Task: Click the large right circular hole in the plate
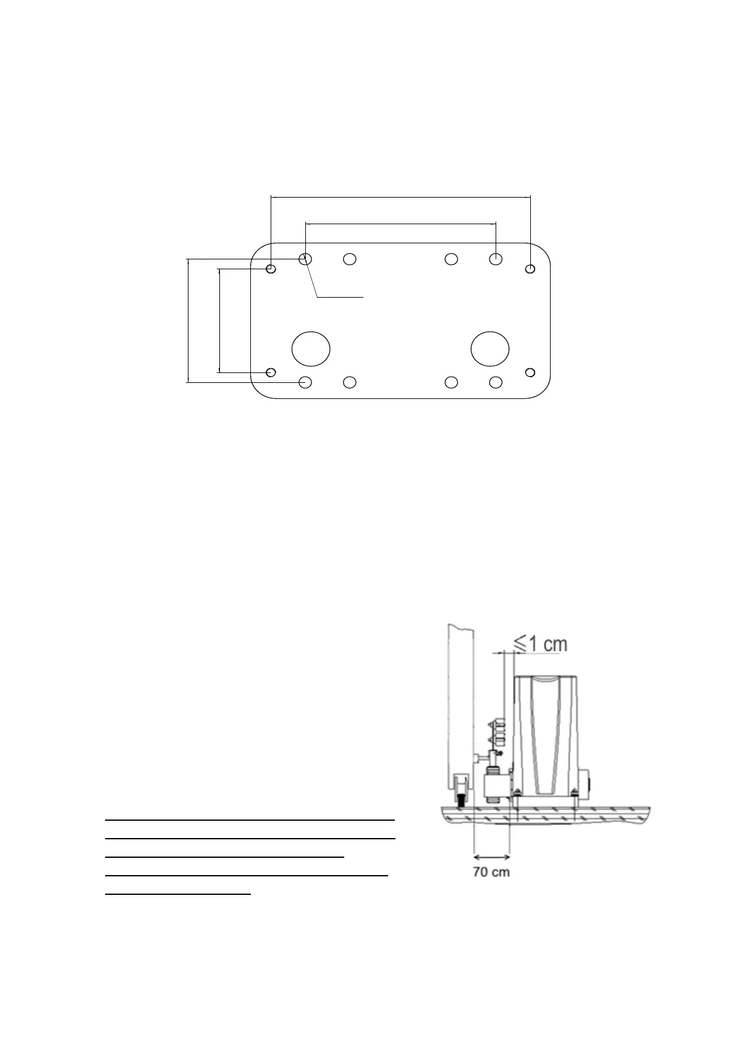click(x=490, y=349)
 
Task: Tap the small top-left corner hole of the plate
click(x=271, y=269)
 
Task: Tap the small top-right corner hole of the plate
click(x=530, y=269)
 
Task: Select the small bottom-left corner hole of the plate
click(x=271, y=372)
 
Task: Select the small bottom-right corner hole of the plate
click(x=530, y=372)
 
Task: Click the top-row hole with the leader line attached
click(x=305, y=259)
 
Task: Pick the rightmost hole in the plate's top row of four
click(x=496, y=259)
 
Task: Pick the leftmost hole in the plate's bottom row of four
click(x=305, y=382)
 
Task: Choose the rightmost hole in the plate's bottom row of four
click(x=496, y=382)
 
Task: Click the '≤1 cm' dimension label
click(x=541, y=644)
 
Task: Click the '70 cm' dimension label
click(x=491, y=873)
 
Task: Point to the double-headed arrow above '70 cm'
click(x=491, y=856)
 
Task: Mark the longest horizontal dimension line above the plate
click(x=400, y=197)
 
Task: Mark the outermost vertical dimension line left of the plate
click(x=187, y=321)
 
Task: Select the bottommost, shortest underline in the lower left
click(x=178, y=894)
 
